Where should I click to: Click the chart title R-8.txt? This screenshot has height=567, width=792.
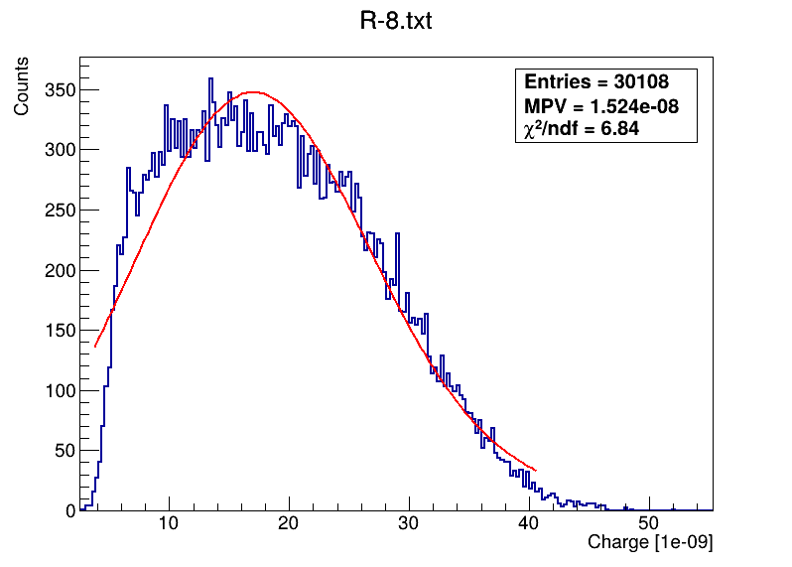pos(395,22)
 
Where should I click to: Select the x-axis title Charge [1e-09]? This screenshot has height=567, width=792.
pos(650,542)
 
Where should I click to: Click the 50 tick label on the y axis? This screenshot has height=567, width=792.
pos(63,451)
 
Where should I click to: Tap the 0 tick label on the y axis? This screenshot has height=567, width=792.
pos(69,510)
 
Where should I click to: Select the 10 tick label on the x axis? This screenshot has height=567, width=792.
pos(168,525)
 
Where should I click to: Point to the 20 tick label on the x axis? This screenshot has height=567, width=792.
pos(288,525)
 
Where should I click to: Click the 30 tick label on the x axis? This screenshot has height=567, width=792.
pos(408,525)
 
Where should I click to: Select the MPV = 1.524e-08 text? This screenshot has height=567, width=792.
pos(601,106)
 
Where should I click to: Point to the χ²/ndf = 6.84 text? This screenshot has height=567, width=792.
pos(582,128)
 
